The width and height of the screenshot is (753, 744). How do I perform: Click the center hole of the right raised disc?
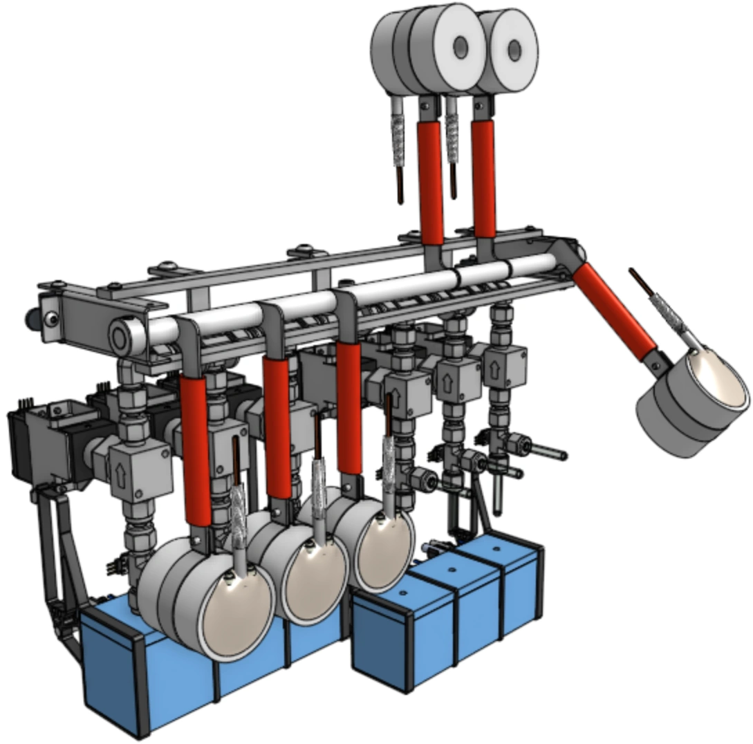point(514,49)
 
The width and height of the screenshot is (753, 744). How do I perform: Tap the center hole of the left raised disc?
point(460,48)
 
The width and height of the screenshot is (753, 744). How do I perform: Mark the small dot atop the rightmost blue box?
point(496,546)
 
